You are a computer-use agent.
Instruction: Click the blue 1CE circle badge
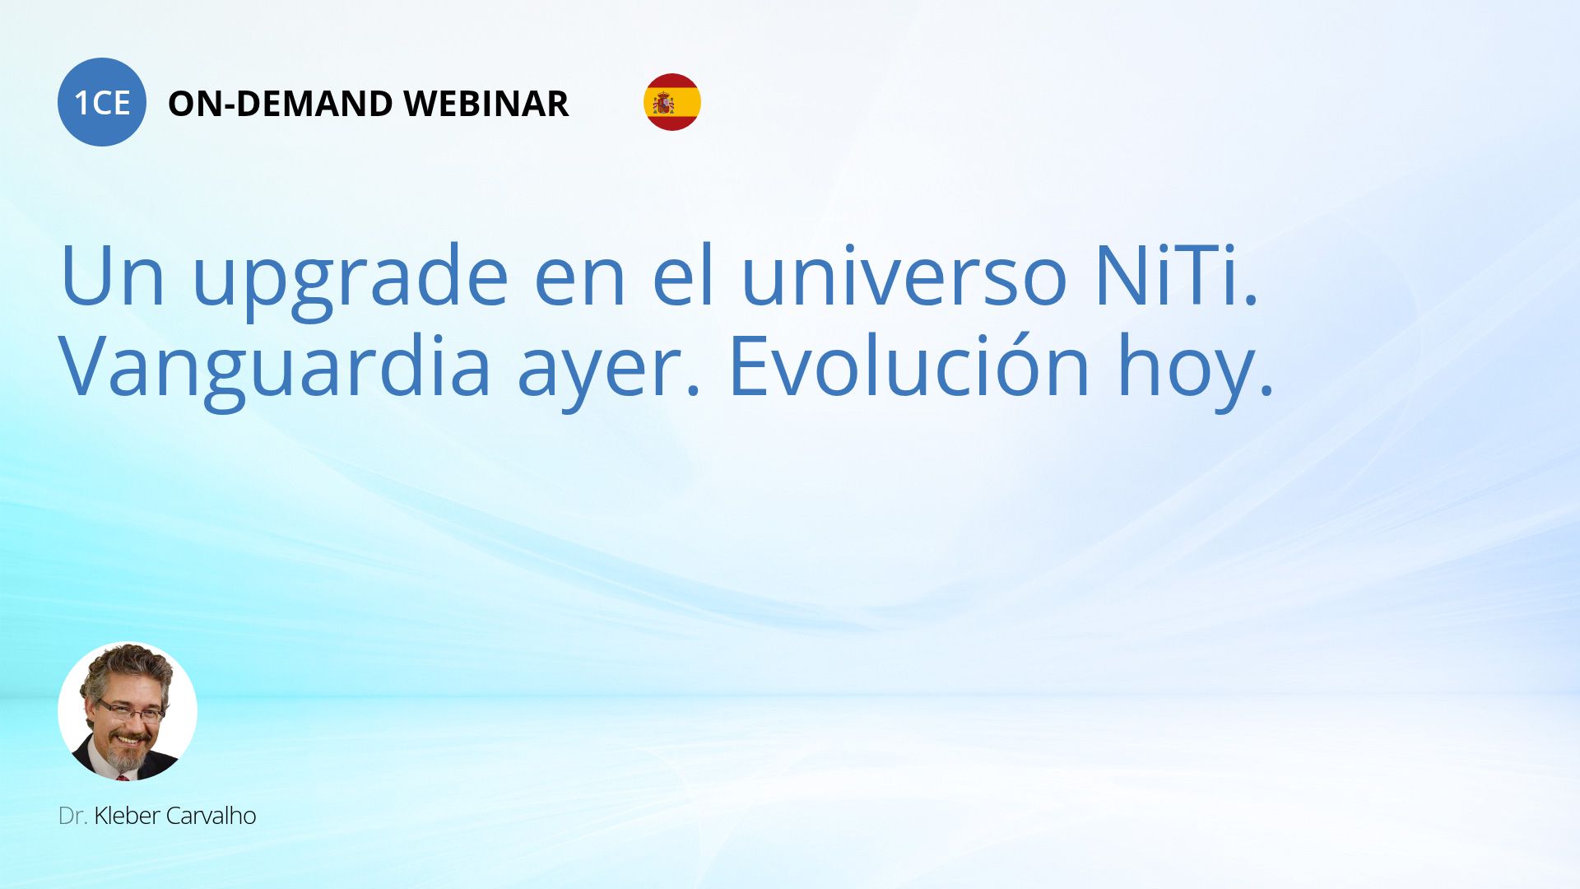coord(102,102)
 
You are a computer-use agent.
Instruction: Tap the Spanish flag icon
coord(672,102)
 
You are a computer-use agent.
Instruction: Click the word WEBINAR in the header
coord(486,104)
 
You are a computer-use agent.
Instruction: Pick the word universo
coord(904,276)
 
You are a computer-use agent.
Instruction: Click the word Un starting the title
coord(113,276)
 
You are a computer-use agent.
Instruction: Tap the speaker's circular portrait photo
coord(128,711)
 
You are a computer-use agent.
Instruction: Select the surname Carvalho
coord(211,816)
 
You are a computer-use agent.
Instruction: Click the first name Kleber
coord(127,816)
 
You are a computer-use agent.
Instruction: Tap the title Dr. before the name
coord(73,816)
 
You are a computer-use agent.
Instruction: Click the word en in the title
coord(579,284)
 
